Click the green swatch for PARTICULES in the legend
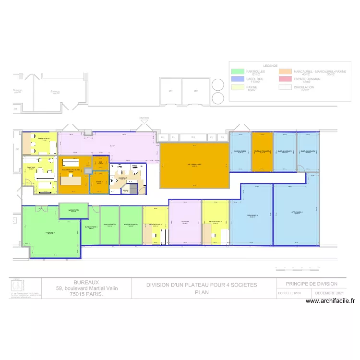coord(236,72)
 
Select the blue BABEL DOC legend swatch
coord(236,80)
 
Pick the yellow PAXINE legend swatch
coord(236,88)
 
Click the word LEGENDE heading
coord(270,65)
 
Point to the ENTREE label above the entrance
coord(144,118)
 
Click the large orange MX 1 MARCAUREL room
coord(194,165)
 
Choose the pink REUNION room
coord(185,222)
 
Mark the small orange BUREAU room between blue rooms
coord(262,151)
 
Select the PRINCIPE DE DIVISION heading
coord(312,284)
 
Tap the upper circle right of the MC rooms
coord(217,85)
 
